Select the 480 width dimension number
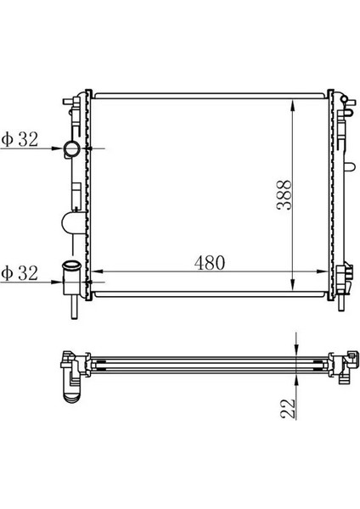(x=208, y=263)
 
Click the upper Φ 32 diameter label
(x=20, y=141)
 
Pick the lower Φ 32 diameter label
(x=20, y=273)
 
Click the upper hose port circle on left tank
(x=71, y=150)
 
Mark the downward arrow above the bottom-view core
(x=294, y=345)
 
